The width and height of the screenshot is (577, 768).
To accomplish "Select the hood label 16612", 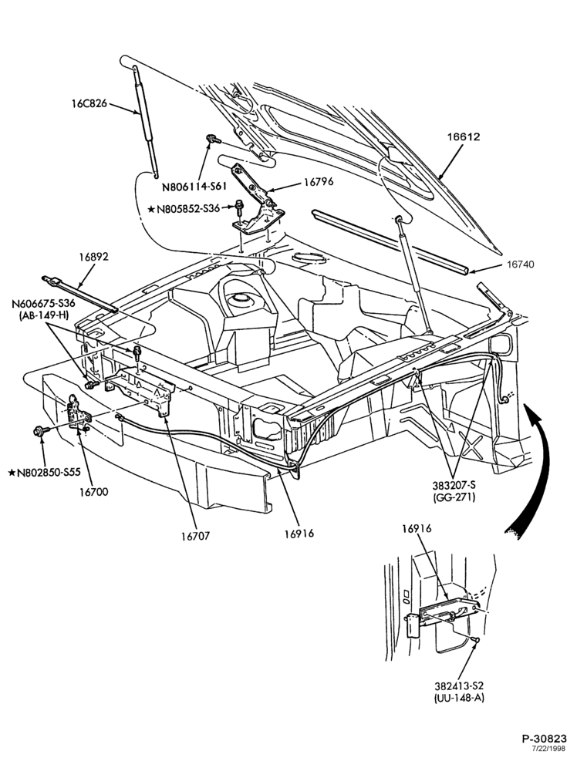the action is [x=463, y=136].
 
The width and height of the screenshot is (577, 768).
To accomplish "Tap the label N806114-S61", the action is [x=193, y=187].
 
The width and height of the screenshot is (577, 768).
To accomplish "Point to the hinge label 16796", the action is [x=318, y=182].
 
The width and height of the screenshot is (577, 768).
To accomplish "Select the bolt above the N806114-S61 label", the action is [x=213, y=140].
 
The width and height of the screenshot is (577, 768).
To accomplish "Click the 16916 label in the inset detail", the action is [x=417, y=529].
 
